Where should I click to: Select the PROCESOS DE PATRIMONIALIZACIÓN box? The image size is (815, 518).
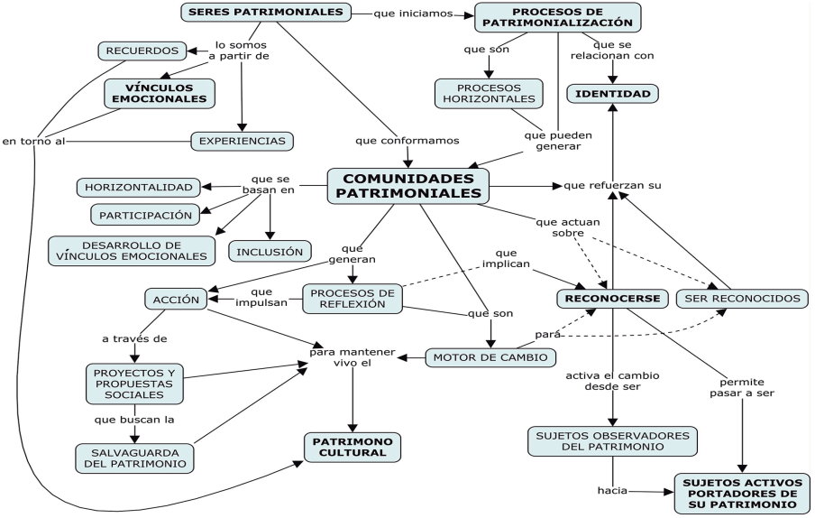coord(557,17)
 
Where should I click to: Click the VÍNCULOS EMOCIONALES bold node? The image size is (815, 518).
coord(160,92)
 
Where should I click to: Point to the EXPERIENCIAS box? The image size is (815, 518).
coord(243,141)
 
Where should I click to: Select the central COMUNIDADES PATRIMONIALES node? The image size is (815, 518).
coord(407,186)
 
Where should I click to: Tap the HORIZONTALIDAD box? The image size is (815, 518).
coord(139,188)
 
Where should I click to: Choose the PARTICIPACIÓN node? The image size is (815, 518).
coord(146,215)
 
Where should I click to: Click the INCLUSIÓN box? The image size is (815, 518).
coord(270,250)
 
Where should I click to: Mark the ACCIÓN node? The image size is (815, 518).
coord(176,300)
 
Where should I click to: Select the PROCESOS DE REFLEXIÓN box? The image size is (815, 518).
coord(350,298)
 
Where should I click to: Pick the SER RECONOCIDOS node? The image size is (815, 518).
coord(741,298)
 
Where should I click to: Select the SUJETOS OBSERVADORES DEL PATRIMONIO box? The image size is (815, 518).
coord(612,440)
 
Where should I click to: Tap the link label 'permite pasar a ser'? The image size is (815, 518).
coord(747,387)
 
